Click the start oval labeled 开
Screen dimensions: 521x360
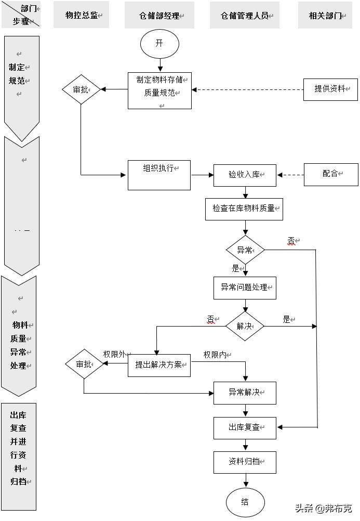(159, 44)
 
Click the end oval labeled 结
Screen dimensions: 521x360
(245, 502)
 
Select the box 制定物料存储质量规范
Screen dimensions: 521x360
(159, 90)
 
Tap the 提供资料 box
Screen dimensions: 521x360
(331, 89)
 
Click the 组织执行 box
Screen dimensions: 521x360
(159, 175)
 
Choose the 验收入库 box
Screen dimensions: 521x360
(245, 175)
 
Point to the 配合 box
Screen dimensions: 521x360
(331, 174)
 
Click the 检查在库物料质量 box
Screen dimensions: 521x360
(244, 209)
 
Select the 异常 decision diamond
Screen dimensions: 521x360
(245, 250)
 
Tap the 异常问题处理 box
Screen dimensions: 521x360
(245, 288)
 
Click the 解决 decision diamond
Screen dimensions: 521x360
(245, 327)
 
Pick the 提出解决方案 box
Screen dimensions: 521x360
(159, 365)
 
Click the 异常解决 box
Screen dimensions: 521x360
(245, 393)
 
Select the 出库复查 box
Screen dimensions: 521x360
(245, 428)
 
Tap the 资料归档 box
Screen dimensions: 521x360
(245, 462)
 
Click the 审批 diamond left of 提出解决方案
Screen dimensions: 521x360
(84, 364)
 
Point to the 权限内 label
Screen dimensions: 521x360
(215, 355)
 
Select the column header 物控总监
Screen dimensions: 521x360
(82, 16)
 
